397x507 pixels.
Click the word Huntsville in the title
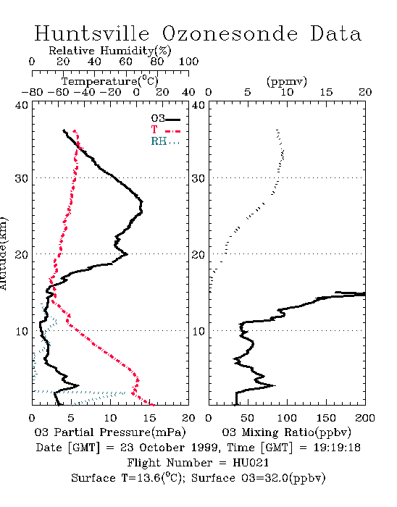[92, 33]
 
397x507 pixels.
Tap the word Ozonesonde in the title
[230, 33]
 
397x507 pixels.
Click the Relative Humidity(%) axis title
[110, 51]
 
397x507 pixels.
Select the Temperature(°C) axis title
[110, 81]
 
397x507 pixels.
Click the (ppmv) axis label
[286, 81]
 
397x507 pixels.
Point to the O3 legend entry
[165, 119]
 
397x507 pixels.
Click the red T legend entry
[165, 130]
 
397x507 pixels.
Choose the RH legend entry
[165, 141]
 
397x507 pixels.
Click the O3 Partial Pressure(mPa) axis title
[110, 432]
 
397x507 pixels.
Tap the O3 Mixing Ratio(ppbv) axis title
[286, 432]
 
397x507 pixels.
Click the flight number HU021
[251, 463]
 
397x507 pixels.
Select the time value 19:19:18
[337, 448]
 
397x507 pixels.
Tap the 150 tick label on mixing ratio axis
[326, 418]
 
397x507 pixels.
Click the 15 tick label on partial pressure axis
[149, 418]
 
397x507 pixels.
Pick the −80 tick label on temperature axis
[32, 93]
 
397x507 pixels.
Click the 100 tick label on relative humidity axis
[189, 62]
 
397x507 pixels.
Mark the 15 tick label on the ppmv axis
[326, 93]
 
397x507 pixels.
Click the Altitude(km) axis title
[3, 254]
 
